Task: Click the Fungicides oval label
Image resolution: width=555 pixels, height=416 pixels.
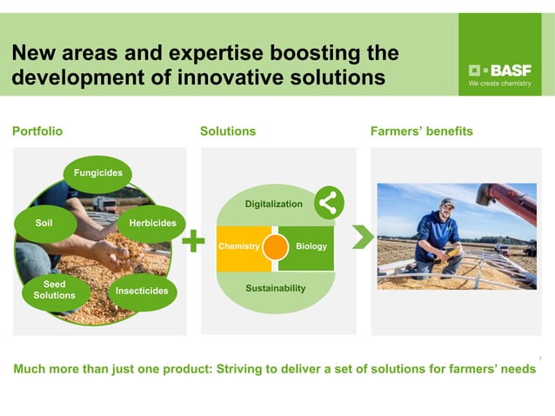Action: click(x=97, y=173)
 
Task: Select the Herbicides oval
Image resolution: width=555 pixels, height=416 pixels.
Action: click(x=151, y=224)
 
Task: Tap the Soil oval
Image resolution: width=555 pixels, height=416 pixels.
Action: click(x=43, y=224)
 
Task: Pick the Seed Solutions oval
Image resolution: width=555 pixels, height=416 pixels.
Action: click(x=54, y=290)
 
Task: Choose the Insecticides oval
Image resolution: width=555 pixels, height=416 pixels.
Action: click(x=143, y=290)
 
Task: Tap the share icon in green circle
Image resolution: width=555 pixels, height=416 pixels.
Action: click(x=328, y=203)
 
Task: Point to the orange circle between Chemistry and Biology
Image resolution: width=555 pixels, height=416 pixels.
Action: click(x=275, y=246)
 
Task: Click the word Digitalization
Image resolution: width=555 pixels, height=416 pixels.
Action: click(x=273, y=204)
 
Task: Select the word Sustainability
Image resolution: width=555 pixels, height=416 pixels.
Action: click(x=274, y=287)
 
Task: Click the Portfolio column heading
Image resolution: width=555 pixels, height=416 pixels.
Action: click(x=37, y=131)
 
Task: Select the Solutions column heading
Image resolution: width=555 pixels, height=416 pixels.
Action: click(x=228, y=131)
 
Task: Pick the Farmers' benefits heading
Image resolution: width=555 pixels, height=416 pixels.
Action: click(x=422, y=131)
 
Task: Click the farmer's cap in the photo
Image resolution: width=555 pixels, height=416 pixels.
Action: click(x=447, y=202)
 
